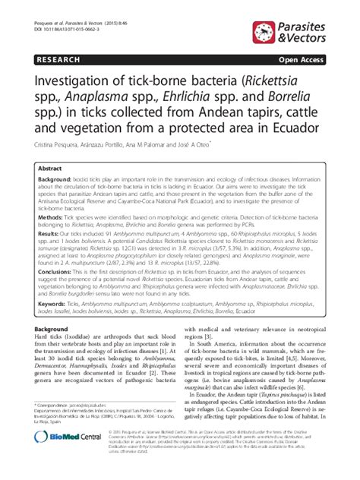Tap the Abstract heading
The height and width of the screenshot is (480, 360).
pyautogui.click(x=50, y=169)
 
